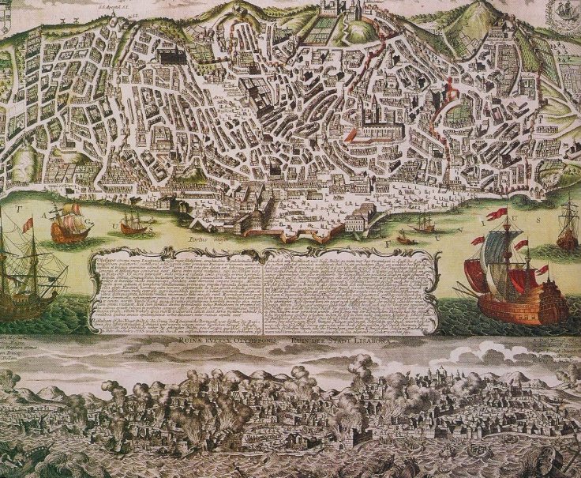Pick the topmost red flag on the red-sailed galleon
coord(497,214)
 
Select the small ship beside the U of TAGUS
coord(133,224)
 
